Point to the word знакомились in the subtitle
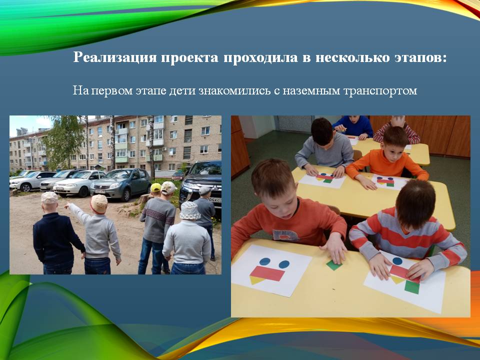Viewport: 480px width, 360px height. [x=234, y=90]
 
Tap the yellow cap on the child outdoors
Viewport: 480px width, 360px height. [x=156, y=187]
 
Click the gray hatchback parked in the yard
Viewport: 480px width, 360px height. [x=120, y=184]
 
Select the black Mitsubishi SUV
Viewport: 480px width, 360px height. [x=200, y=183]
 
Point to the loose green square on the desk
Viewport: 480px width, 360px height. [x=333, y=265]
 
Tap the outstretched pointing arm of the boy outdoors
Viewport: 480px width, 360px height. [x=76, y=210]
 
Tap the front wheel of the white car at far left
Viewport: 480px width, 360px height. [x=25, y=187]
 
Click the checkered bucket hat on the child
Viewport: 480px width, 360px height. [x=190, y=210]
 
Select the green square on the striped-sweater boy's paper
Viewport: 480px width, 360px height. [x=412, y=287]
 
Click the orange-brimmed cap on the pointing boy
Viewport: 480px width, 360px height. [x=99, y=203]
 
